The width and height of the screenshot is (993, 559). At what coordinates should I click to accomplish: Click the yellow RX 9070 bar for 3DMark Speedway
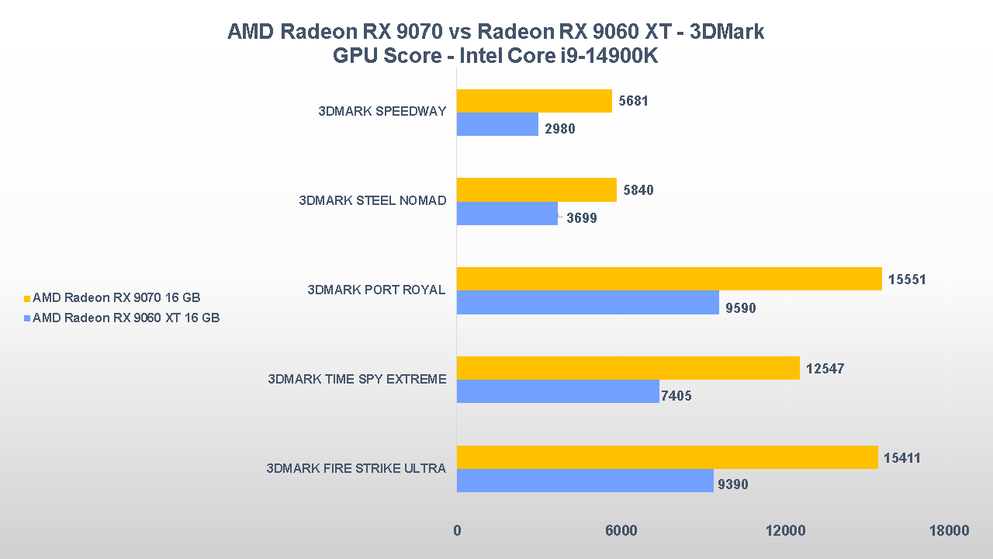tap(534, 101)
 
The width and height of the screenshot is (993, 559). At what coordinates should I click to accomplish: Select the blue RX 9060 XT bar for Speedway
tap(497, 124)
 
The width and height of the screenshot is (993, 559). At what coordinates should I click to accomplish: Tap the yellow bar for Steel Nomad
tap(536, 190)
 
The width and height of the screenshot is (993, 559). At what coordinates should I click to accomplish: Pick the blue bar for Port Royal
tap(587, 302)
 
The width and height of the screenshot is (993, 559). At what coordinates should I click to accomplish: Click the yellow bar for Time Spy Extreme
tap(628, 368)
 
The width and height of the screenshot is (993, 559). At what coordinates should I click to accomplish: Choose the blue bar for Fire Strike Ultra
tap(585, 480)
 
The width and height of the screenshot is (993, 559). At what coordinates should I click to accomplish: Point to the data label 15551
tap(907, 279)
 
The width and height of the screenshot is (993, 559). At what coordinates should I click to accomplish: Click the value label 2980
tap(560, 129)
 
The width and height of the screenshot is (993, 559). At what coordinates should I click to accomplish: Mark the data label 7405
tap(676, 396)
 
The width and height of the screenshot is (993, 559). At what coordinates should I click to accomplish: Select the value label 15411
tap(902, 458)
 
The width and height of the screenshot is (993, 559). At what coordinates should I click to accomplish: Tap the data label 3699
tap(582, 218)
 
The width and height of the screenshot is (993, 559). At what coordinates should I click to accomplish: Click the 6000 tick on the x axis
tap(621, 530)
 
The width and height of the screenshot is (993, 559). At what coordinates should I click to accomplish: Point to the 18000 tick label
tap(949, 530)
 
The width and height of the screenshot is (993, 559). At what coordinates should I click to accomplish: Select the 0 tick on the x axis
tap(457, 530)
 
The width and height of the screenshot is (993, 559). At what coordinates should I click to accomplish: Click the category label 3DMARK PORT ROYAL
tap(376, 290)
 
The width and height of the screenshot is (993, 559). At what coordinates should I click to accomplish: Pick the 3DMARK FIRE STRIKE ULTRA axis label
tap(356, 468)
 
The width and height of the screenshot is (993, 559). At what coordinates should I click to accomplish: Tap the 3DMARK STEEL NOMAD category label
tap(372, 200)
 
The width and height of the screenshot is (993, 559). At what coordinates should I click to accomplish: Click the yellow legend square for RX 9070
tap(28, 298)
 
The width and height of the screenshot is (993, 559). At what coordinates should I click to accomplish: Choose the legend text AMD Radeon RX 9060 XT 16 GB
tap(126, 318)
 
